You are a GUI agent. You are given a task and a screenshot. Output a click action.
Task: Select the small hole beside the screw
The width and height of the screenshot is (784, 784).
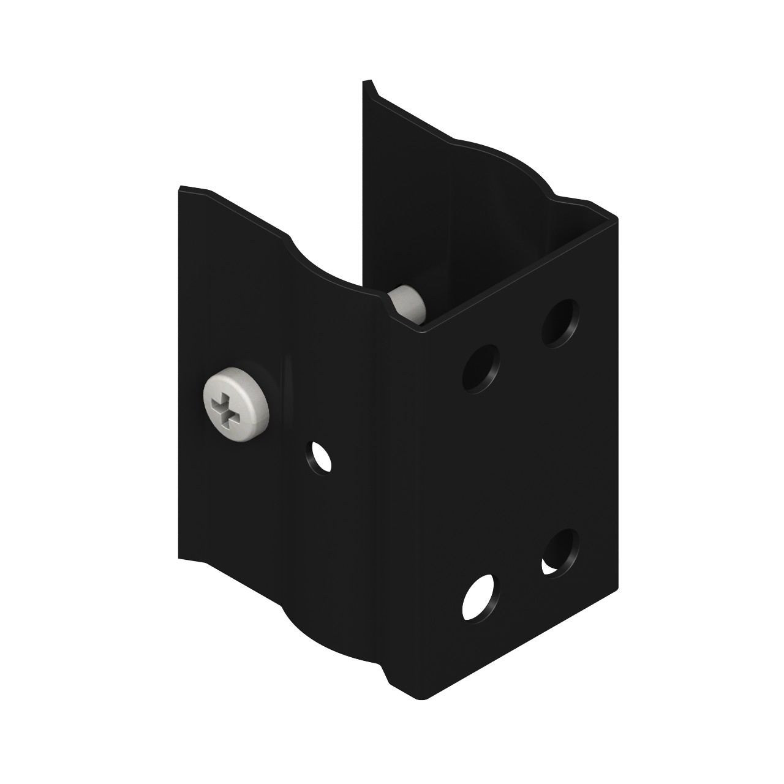click(318, 456)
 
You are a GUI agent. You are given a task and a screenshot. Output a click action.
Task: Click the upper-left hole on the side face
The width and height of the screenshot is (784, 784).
click(481, 369)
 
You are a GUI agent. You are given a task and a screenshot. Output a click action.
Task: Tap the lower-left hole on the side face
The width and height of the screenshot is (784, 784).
click(481, 597)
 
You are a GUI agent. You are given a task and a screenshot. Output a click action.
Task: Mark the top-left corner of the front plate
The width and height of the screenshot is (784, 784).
click(179, 187)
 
